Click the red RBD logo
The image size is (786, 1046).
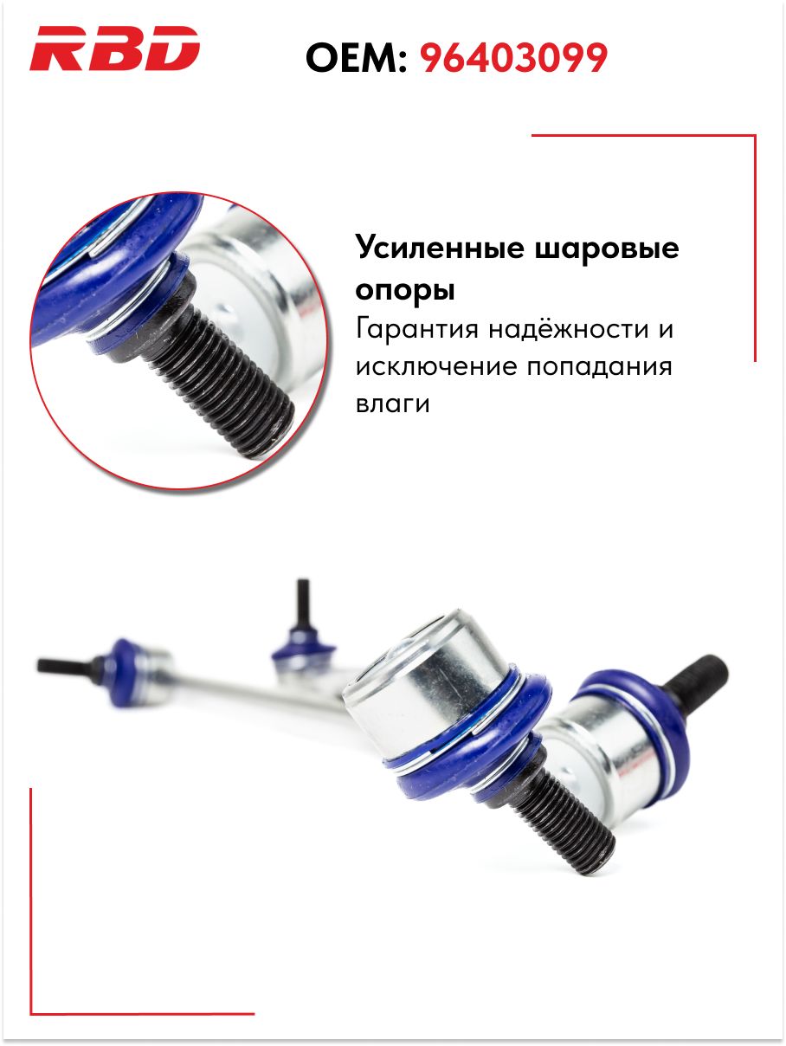[x=114, y=48]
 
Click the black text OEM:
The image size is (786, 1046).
[x=357, y=57]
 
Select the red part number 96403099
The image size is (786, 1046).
[x=513, y=57]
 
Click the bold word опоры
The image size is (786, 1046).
[x=405, y=290]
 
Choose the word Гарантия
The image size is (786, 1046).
[x=417, y=329]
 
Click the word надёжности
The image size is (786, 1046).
[x=569, y=328]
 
